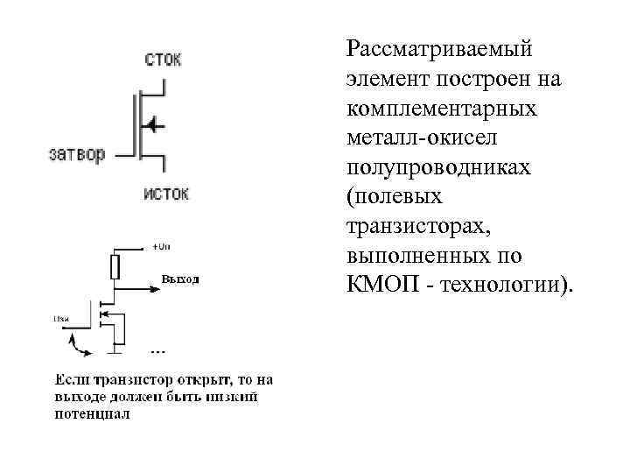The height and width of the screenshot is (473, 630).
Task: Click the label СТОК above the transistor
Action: point(163,60)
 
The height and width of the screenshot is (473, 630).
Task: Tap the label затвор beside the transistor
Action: point(77,154)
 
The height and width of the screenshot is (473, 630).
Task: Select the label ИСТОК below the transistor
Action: point(165,194)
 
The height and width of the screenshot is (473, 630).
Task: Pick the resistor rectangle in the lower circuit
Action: point(115,267)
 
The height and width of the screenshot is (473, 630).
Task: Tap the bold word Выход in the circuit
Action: point(180,279)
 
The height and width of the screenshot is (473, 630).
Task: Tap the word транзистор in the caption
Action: point(125,380)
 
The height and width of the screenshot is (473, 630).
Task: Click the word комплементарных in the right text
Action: point(442,110)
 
